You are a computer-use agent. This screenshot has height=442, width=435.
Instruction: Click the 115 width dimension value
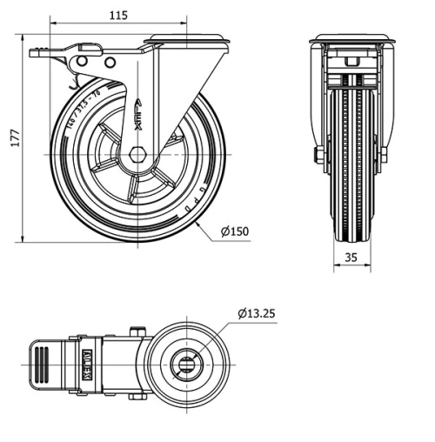click(119, 14)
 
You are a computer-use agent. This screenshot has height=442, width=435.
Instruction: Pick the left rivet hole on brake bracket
click(84, 63)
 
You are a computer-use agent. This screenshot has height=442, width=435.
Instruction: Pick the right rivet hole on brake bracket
click(110, 64)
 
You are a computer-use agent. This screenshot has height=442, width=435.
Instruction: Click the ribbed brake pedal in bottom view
click(41, 364)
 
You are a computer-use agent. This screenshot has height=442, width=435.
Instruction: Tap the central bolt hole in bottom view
click(186, 365)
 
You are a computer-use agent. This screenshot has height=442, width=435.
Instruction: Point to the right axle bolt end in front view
click(384, 156)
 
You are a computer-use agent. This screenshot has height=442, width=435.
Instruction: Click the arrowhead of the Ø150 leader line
click(199, 224)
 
